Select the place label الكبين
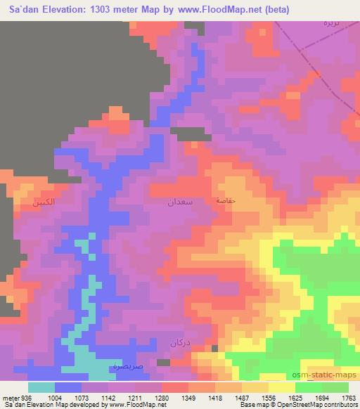pyautogui.click(x=43, y=203)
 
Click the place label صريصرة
pyautogui.click(x=127, y=366)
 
